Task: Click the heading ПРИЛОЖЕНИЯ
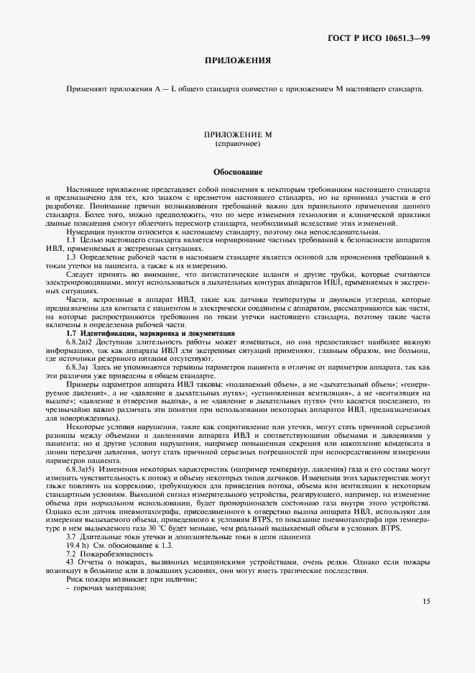coord(237,60)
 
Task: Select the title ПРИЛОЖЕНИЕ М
coord(237,135)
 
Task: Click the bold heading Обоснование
coord(237,173)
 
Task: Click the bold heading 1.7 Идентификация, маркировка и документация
coord(150,333)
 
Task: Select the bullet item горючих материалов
coord(109,588)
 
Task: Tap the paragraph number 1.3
coord(71,257)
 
